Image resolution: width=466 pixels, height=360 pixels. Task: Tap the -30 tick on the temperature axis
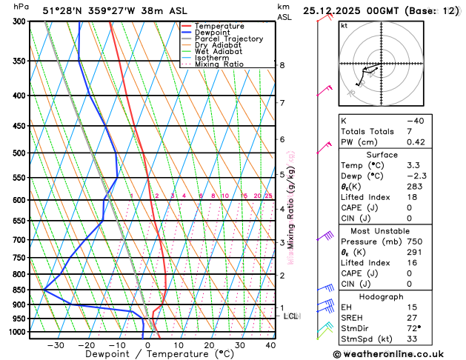pyautogui.click(x=55, y=344)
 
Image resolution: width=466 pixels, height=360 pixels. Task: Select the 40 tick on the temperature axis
pyautogui.click(x=270, y=344)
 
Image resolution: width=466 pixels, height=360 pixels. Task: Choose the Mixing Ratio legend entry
pyautogui.click(x=219, y=64)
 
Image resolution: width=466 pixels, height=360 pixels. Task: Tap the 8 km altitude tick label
pyautogui.click(x=282, y=65)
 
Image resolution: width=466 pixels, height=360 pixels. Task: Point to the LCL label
pyautogui.click(x=291, y=316)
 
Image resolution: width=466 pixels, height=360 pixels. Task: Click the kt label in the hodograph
pyautogui.click(x=344, y=25)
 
